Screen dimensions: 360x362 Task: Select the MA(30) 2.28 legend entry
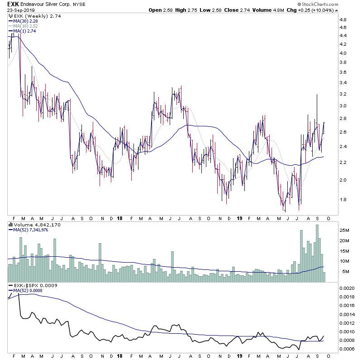[22, 21]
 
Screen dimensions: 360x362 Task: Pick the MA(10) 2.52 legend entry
[22, 26]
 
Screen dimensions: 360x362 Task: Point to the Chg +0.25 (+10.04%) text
[331, 10]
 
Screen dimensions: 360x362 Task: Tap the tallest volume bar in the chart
[317, 254]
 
